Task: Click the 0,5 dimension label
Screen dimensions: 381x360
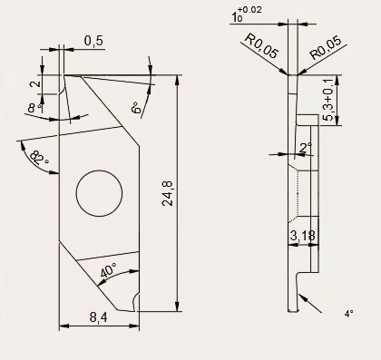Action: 93,41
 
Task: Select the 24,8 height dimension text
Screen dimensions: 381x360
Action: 167,193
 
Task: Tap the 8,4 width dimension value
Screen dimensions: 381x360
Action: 98,317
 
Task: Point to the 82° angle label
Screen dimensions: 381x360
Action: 38,157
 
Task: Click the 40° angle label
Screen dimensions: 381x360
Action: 108,270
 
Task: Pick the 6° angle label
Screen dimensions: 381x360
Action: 136,107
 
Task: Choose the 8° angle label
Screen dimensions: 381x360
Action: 34,108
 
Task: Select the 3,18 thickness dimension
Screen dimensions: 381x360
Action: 303,236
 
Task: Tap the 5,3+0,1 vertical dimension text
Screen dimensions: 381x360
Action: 328,99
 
